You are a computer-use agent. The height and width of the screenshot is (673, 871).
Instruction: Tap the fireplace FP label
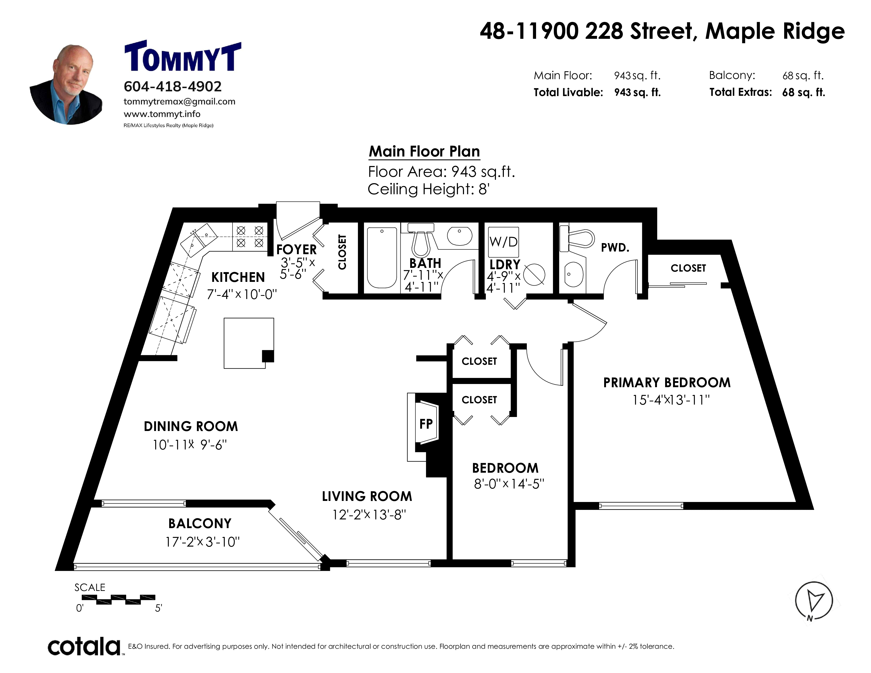pyautogui.click(x=426, y=424)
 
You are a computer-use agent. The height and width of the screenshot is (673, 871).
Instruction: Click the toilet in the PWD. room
pyautogui.click(x=577, y=238)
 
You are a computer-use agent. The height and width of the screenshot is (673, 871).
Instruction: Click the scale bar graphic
pyautogui.click(x=119, y=600)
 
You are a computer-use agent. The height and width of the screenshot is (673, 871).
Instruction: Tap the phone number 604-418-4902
pyautogui.click(x=173, y=87)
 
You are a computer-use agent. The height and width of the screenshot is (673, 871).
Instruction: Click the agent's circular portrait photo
pyautogui.click(x=67, y=84)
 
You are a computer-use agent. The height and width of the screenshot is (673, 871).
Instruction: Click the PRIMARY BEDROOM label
pyautogui.click(x=667, y=383)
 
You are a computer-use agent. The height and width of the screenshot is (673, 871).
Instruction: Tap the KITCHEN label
pyautogui.click(x=238, y=277)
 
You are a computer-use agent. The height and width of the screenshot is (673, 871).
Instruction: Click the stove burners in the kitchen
pyautogui.click(x=250, y=236)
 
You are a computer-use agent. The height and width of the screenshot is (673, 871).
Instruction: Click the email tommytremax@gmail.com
pyautogui.click(x=179, y=102)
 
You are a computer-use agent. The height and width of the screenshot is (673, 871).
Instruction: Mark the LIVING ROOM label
pyautogui.click(x=367, y=496)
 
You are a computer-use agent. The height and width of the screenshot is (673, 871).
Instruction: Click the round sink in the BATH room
pyautogui.click(x=460, y=236)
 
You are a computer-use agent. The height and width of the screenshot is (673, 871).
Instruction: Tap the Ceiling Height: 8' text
pyautogui.click(x=428, y=189)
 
